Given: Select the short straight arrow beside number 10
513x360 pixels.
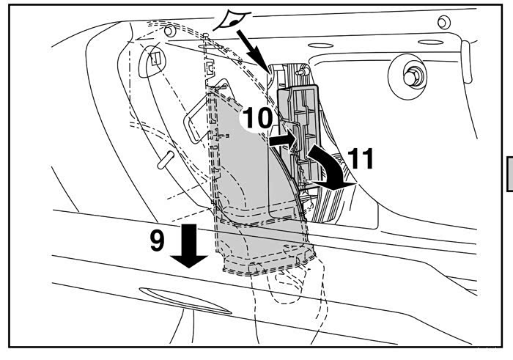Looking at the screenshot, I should pos(281,137).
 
